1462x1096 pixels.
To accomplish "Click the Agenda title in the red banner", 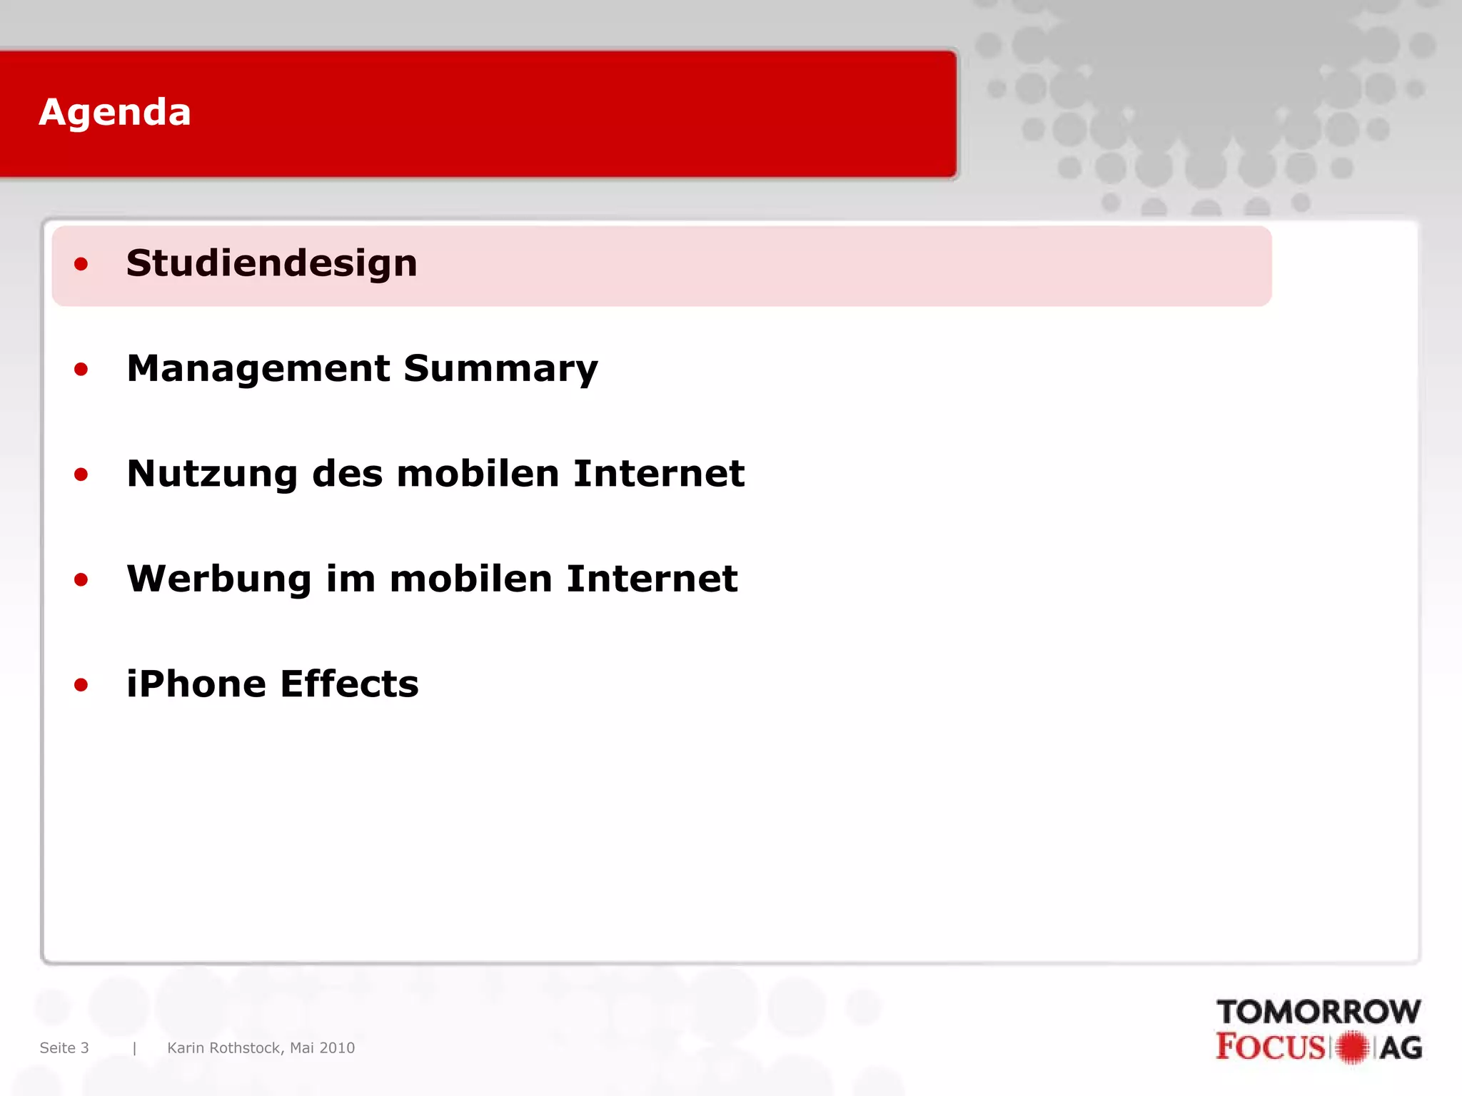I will [115, 113].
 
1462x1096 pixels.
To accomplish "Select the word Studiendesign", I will [271, 263].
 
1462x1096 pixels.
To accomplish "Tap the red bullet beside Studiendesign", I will [81, 265].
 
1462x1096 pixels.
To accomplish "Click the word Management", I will [258, 369].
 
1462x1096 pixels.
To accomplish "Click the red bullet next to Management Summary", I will [81, 370].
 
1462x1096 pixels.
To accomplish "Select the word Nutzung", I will [212, 475].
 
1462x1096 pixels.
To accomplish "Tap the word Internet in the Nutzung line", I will [658, 474].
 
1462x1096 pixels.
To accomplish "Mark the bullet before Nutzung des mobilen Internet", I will [81, 475].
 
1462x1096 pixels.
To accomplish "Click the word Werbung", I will [219, 579].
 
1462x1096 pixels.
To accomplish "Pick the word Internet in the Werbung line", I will [652, 579].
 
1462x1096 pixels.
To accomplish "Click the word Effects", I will [349, 684].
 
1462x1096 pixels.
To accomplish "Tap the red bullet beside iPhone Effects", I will [81, 685].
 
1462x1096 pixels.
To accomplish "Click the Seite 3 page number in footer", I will [64, 1047].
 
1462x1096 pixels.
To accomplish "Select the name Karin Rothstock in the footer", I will [225, 1047].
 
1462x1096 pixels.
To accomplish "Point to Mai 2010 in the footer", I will [322, 1047].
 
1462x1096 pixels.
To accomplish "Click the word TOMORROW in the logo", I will [1319, 1012].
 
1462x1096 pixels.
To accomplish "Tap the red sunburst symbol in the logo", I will [1351, 1047].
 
